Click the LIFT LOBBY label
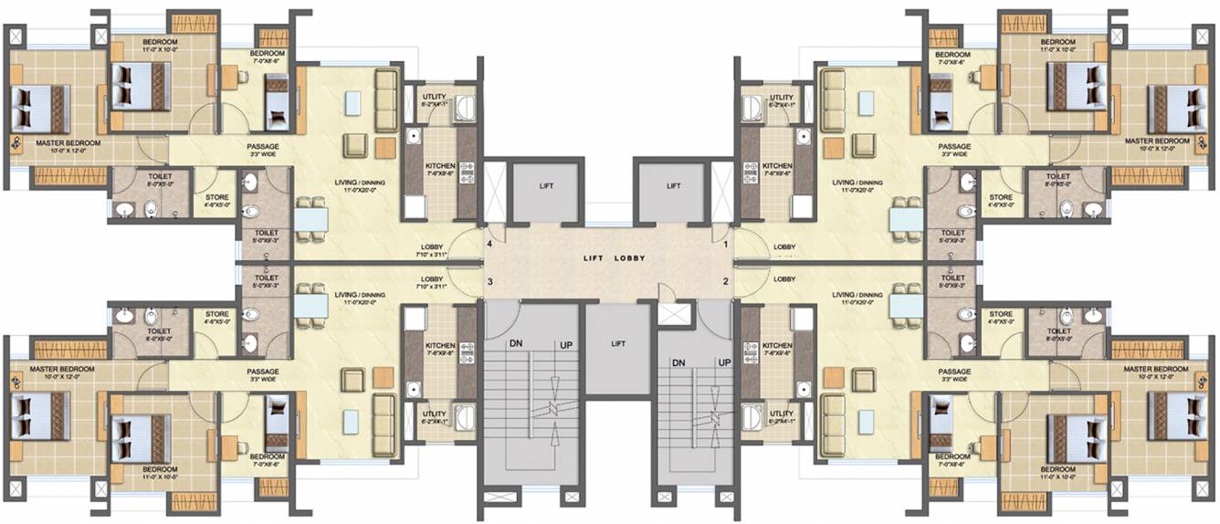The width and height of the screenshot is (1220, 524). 615,258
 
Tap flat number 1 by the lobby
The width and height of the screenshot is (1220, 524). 726,245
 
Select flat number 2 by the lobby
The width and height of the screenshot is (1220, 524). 726,281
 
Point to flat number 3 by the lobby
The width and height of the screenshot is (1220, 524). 490,281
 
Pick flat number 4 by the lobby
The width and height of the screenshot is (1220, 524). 490,245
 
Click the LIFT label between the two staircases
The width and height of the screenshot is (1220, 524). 618,344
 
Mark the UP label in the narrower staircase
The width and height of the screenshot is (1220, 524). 725,362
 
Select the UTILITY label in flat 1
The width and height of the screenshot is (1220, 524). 782,98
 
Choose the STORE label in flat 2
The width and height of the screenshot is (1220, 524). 1001,315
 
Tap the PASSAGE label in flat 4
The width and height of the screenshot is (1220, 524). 262,146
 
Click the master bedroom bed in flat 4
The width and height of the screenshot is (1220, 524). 42,110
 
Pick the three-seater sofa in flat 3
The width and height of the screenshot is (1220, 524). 385,425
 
